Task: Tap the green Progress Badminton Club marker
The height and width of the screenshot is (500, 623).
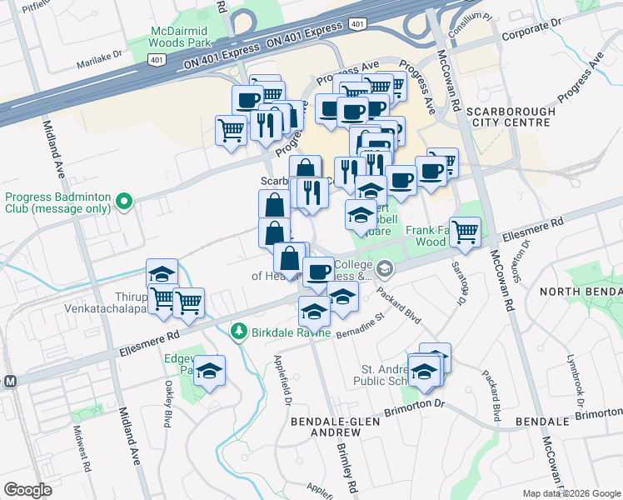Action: pyautogui.click(x=124, y=201)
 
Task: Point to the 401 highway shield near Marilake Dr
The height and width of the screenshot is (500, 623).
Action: pyautogui.click(x=156, y=59)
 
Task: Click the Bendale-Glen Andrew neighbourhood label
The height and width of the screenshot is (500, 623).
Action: pyautogui.click(x=325, y=427)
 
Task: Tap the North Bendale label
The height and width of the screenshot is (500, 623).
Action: pyautogui.click(x=581, y=291)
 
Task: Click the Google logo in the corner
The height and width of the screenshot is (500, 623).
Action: pyautogui.click(x=27, y=490)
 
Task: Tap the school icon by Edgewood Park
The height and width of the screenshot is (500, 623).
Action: pyautogui.click(x=210, y=370)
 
